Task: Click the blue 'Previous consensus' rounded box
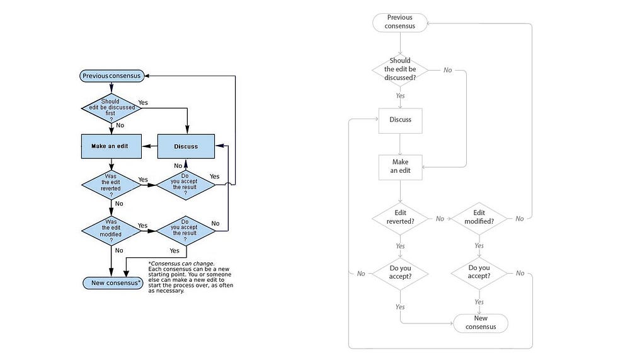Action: point(112,76)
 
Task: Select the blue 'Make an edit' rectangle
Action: point(112,146)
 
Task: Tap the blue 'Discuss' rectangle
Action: point(186,146)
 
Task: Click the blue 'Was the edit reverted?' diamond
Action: point(112,185)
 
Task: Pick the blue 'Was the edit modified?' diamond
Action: point(112,231)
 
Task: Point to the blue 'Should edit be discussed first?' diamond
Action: point(112,108)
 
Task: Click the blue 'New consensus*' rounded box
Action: point(113,283)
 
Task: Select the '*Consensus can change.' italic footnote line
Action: point(181,264)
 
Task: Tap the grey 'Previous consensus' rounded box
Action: point(400,23)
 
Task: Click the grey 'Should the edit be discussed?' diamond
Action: point(400,70)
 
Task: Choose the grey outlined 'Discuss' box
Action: point(400,120)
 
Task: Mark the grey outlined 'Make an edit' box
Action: point(400,167)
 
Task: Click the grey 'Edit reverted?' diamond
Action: point(400,218)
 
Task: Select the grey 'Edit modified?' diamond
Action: point(479,218)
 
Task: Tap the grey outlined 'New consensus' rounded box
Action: point(481,323)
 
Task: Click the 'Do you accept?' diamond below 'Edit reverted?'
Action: point(400,274)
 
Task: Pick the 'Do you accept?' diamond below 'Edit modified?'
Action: point(479,274)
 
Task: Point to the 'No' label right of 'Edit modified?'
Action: point(520,219)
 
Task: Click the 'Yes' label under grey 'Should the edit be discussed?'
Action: point(400,96)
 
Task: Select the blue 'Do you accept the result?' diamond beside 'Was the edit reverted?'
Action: point(186,185)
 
